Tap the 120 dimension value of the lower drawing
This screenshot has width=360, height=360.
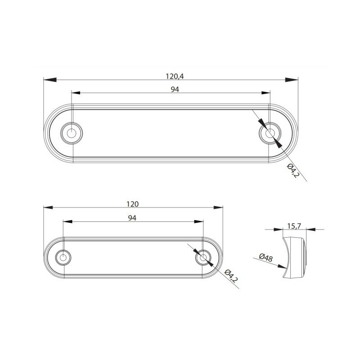click(x=133, y=204)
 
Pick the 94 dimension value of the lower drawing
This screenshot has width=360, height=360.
click(x=132, y=218)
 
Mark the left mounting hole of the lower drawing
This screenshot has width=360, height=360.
click(x=63, y=257)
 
